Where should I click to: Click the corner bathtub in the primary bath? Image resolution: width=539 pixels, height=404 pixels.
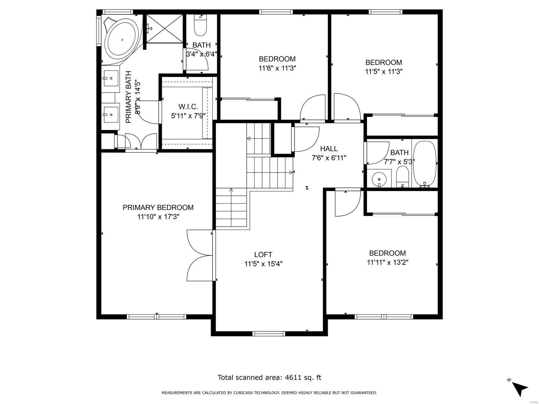[121, 39]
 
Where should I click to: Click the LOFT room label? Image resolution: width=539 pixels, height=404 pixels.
[263, 255]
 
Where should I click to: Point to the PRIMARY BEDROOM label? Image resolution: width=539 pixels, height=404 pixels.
[158, 207]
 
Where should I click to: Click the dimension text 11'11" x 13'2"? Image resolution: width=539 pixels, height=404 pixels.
[387, 262]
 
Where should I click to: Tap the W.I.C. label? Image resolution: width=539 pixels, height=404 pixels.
[188, 107]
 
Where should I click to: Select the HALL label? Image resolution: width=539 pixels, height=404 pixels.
[329, 148]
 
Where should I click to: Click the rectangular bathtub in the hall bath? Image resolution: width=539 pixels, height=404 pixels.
[425, 164]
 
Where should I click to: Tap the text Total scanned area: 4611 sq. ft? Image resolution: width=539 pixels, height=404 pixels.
[269, 377]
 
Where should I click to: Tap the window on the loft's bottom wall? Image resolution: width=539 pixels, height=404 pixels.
[268, 334]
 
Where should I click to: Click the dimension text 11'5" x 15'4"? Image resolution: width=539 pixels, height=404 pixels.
[263, 264]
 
